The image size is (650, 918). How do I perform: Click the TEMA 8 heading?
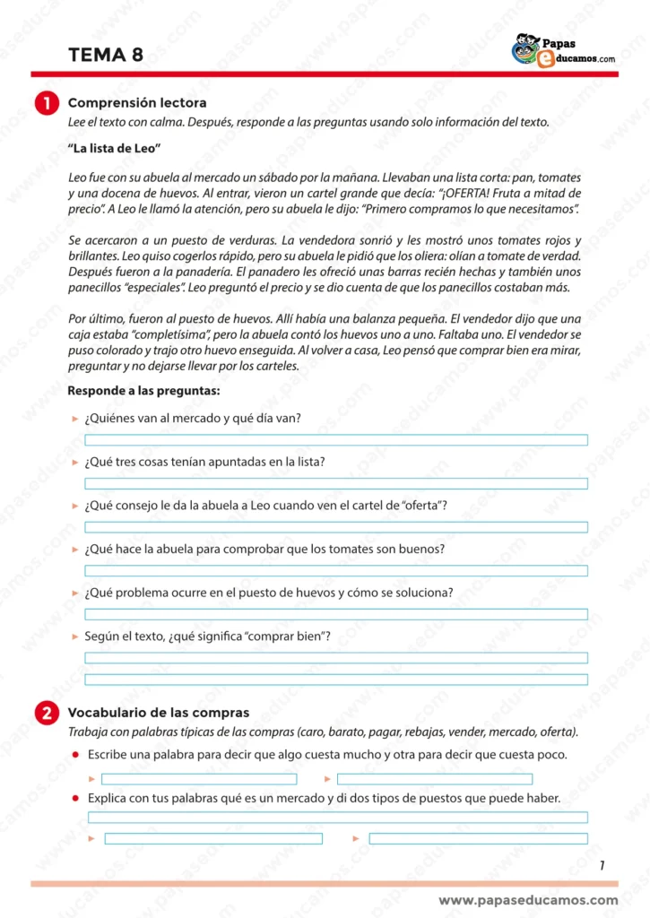(105, 55)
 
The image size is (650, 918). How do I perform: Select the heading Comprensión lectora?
(137, 103)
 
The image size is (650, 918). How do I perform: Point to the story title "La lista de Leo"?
(114, 147)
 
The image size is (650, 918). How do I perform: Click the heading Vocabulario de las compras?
(159, 713)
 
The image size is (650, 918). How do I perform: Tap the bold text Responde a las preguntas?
(143, 391)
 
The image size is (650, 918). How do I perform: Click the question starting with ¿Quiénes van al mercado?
(192, 418)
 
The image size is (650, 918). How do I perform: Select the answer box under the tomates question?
(336, 571)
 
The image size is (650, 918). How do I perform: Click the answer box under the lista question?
(336, 484)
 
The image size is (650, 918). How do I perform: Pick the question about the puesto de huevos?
(268, 593)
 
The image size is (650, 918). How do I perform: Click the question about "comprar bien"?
(207, 636)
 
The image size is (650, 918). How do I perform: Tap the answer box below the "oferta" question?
(336, 527)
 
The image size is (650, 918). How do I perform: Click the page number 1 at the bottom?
(602, 865)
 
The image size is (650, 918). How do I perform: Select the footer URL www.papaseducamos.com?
(528, 900)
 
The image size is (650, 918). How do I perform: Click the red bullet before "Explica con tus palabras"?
(76, 798)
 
